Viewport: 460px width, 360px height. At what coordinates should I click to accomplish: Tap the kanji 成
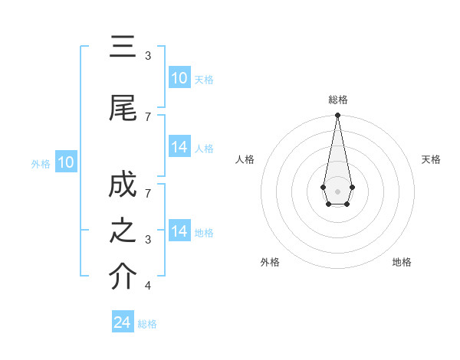[123, 186]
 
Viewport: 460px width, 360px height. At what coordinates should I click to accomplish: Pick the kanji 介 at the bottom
[123, 277]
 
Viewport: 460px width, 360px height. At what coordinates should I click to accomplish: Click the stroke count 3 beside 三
[148, 56]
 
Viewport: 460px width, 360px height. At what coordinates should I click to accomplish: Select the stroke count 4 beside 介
[148, 286]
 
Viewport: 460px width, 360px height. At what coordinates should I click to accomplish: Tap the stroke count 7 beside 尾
[148, 116]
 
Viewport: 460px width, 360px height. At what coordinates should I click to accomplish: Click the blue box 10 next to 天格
[179, 78]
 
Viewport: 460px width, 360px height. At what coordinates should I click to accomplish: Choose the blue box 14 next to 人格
[179, 147]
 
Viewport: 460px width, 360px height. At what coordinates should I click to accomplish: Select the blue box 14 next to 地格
[179, 231]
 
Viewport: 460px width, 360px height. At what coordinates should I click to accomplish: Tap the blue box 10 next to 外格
[66, 162]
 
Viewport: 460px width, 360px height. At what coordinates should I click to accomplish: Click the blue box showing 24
[123, 323]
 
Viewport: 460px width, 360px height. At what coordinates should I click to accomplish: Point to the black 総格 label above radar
[338, 100]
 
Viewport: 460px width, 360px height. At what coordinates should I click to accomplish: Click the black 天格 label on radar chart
[432, 159]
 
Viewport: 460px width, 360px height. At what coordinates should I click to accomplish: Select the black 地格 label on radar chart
[402, 262]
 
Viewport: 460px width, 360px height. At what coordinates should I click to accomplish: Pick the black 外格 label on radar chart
[270, 262]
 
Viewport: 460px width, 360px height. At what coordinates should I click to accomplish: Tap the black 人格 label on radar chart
[245, 159]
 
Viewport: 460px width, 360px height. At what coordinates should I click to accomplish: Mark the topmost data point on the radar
[337, 116]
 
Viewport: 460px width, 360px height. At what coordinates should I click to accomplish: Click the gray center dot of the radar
[337, 190]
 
